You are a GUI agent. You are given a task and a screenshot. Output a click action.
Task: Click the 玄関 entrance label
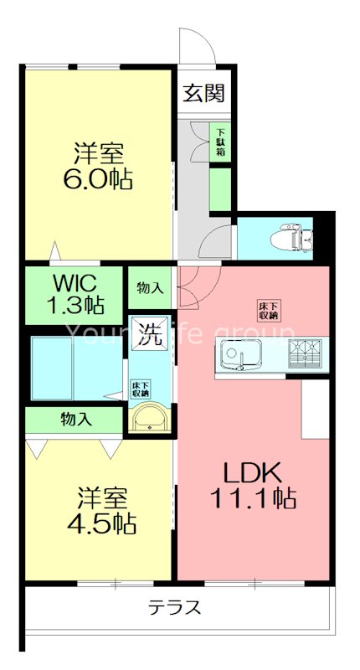[204, 93]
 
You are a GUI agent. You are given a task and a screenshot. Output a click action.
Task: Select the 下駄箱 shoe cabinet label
[221, 142]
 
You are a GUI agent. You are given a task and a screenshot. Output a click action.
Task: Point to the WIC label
[75, 280]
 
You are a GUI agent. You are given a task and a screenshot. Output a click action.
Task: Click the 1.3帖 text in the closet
[75, 304]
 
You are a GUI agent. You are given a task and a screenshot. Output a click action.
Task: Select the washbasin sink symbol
[150, 416]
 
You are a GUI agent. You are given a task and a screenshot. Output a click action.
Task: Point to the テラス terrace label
[175, 607]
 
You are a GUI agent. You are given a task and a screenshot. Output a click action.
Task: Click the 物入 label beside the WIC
[150, 288]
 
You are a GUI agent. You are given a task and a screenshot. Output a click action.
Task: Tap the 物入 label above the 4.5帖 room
[75, 417]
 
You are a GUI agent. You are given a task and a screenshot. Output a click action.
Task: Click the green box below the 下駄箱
[221, 188]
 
